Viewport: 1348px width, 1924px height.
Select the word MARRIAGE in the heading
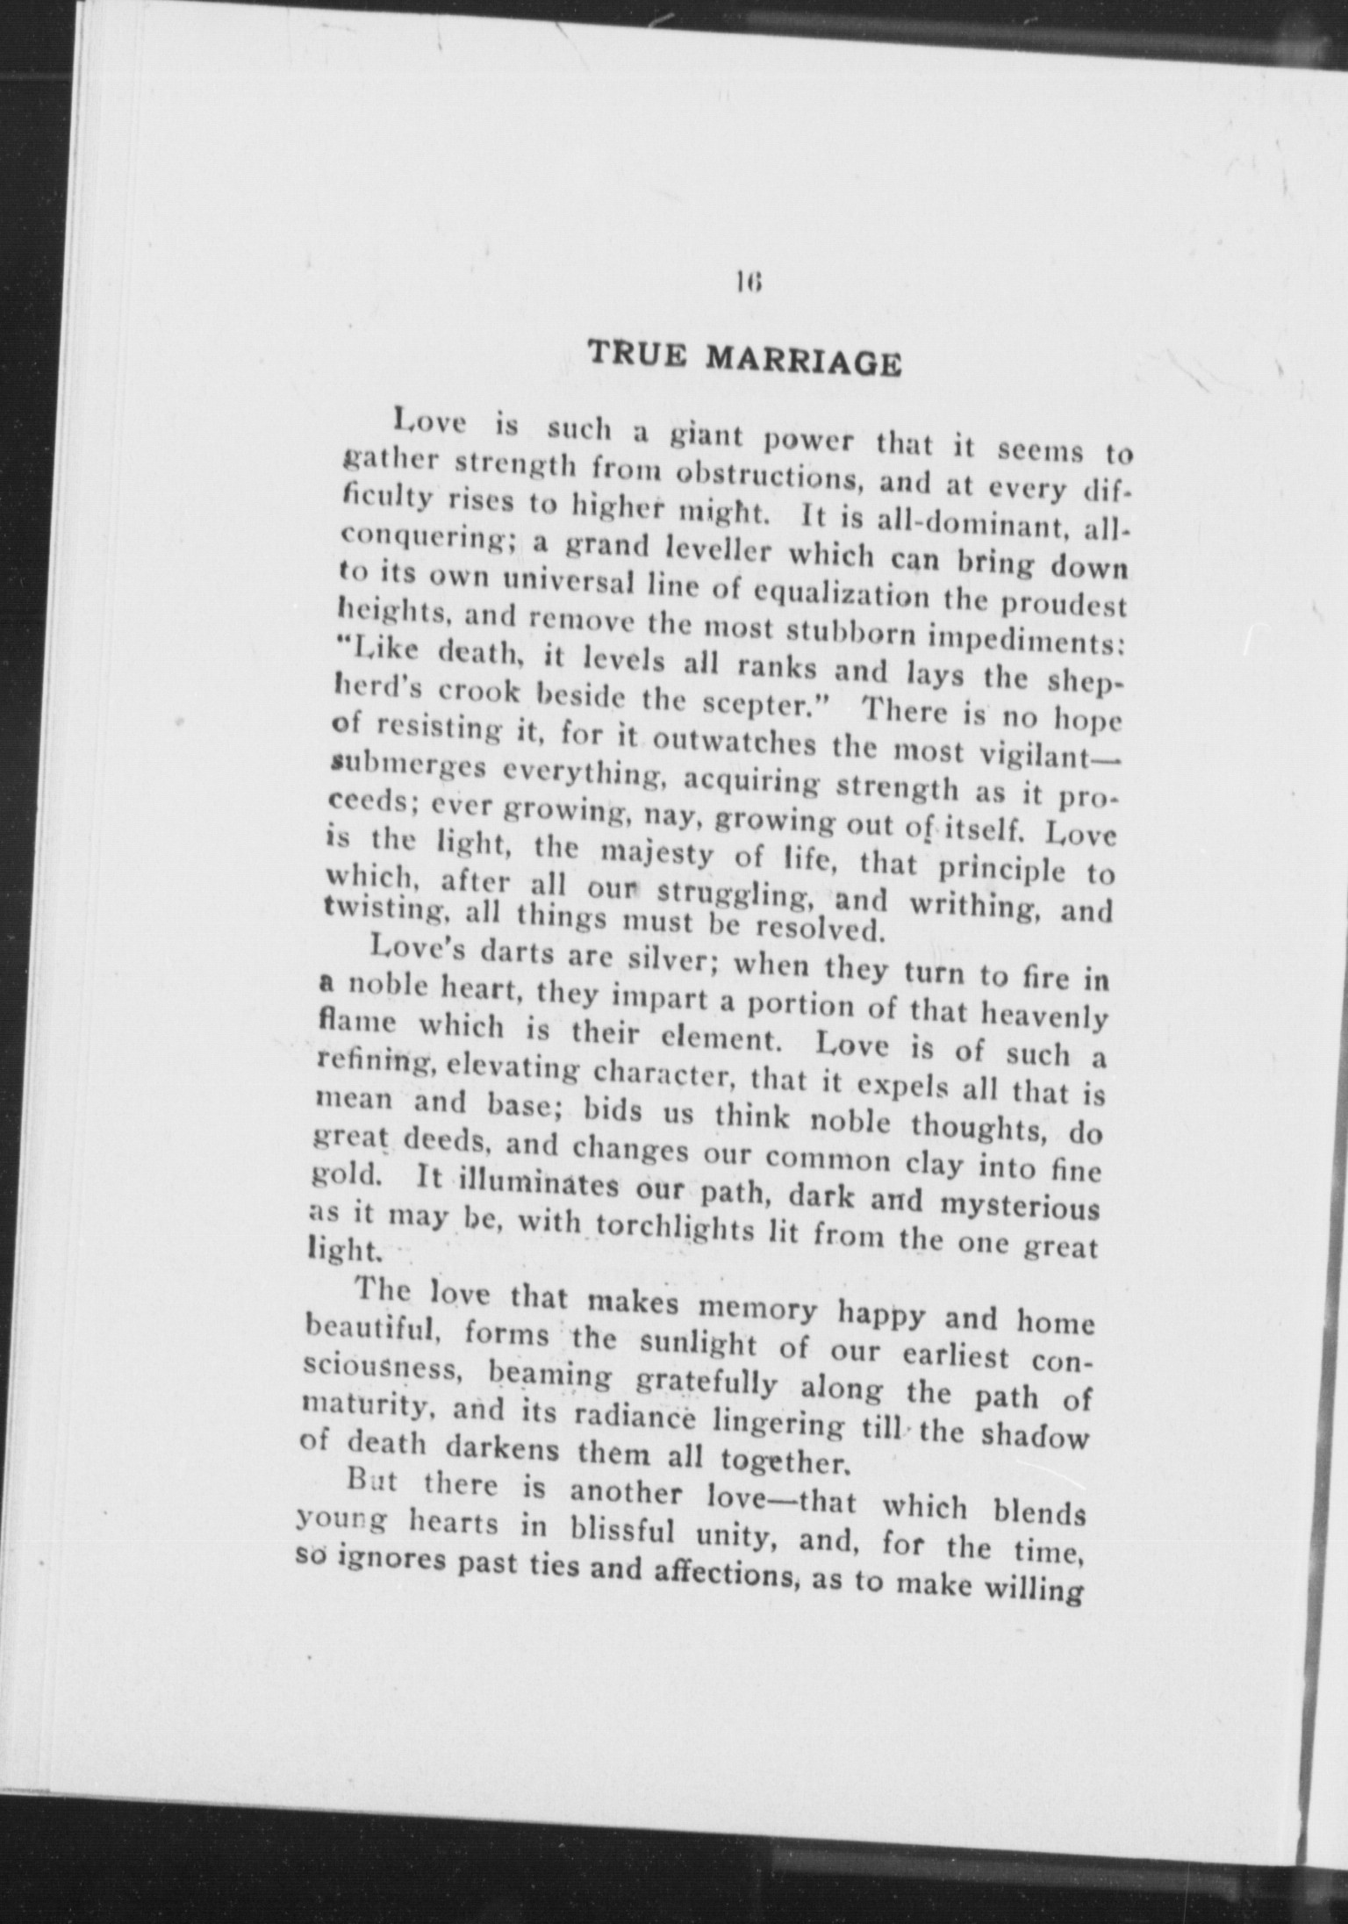coord(803,360)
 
